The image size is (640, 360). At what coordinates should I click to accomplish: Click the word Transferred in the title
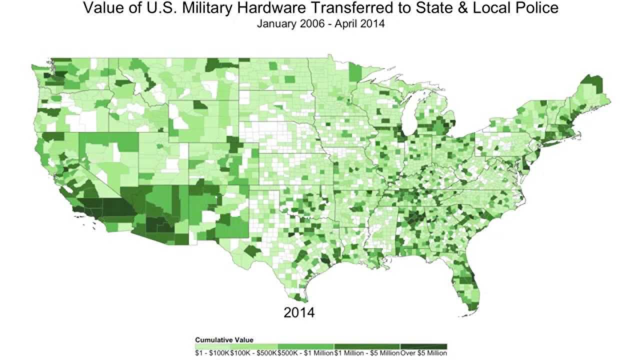(366, 8)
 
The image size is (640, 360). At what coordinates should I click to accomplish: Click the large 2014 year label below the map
(299, 312)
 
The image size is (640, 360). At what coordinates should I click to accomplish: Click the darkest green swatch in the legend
(423, 346)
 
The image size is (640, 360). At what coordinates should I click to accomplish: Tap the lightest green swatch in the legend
(212, 346)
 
